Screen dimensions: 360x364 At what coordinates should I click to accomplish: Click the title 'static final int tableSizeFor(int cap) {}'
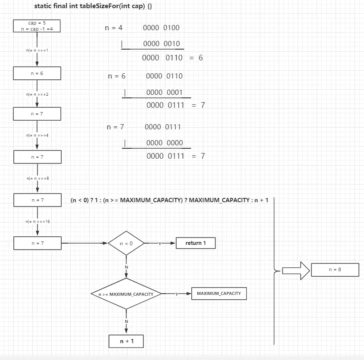(93, 7)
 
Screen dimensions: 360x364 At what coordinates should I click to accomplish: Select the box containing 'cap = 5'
(37, 26)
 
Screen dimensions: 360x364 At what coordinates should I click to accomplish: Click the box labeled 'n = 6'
(37, 73)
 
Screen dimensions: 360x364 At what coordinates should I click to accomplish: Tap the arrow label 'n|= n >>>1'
(37, 50)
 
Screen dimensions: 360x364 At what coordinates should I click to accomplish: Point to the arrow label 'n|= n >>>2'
(37, 94)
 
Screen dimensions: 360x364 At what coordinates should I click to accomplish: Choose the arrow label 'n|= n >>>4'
(37, 135)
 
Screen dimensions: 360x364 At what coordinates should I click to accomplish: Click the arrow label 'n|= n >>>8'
(37, 178)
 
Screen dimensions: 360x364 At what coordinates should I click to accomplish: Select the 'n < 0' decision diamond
(126, 244)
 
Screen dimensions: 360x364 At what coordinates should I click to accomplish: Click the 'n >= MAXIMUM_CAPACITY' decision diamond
(126, 294)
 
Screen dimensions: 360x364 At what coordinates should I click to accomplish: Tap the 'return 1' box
(196, 243)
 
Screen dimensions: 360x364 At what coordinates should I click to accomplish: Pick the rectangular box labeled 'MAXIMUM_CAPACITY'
(219, 294)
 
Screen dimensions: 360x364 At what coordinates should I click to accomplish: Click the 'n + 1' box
(126, 341)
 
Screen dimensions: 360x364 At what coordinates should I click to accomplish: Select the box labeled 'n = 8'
(335, 269)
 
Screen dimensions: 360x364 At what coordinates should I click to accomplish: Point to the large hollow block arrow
(296, 270)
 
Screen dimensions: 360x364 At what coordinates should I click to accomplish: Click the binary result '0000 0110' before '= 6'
(162, 58)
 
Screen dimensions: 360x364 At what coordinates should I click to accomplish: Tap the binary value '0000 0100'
(161, 28)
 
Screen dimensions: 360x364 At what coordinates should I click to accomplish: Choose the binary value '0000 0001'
(164, 92)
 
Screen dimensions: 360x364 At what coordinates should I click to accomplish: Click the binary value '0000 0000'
(164, 143)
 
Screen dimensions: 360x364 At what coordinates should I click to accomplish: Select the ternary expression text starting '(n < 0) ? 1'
(169, 200)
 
